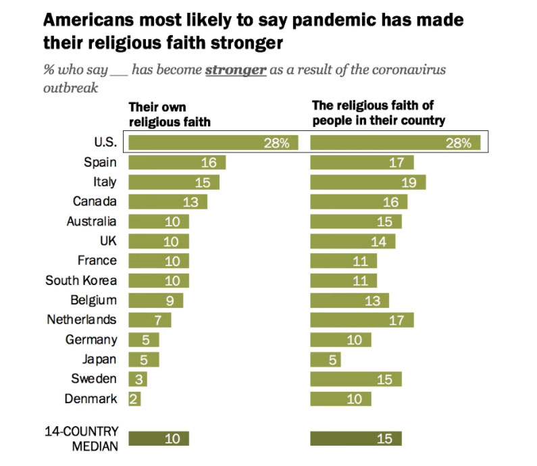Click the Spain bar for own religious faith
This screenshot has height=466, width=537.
(x=176, y=162)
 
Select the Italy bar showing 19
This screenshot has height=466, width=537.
(x=367, y=182)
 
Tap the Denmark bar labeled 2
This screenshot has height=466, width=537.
(x=134, y=398)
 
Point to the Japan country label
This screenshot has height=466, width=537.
(x=99, y=359)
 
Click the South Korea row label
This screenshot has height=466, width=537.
(x=81, y=280)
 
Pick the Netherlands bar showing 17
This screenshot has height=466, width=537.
(x=361, y=319)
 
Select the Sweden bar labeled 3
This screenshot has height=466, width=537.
(x=137, y=379)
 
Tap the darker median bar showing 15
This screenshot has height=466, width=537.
(x=356, y=438)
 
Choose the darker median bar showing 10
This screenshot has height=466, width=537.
(x=159, y=438)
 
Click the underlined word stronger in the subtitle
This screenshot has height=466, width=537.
(x=235, y=70)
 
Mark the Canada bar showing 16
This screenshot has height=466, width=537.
(x=359, y=201)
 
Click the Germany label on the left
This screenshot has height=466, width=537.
(x=91, y=339)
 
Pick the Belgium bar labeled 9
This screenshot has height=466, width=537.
(x=155, y=300)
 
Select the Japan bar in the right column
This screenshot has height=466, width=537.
(x=326, y=359)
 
